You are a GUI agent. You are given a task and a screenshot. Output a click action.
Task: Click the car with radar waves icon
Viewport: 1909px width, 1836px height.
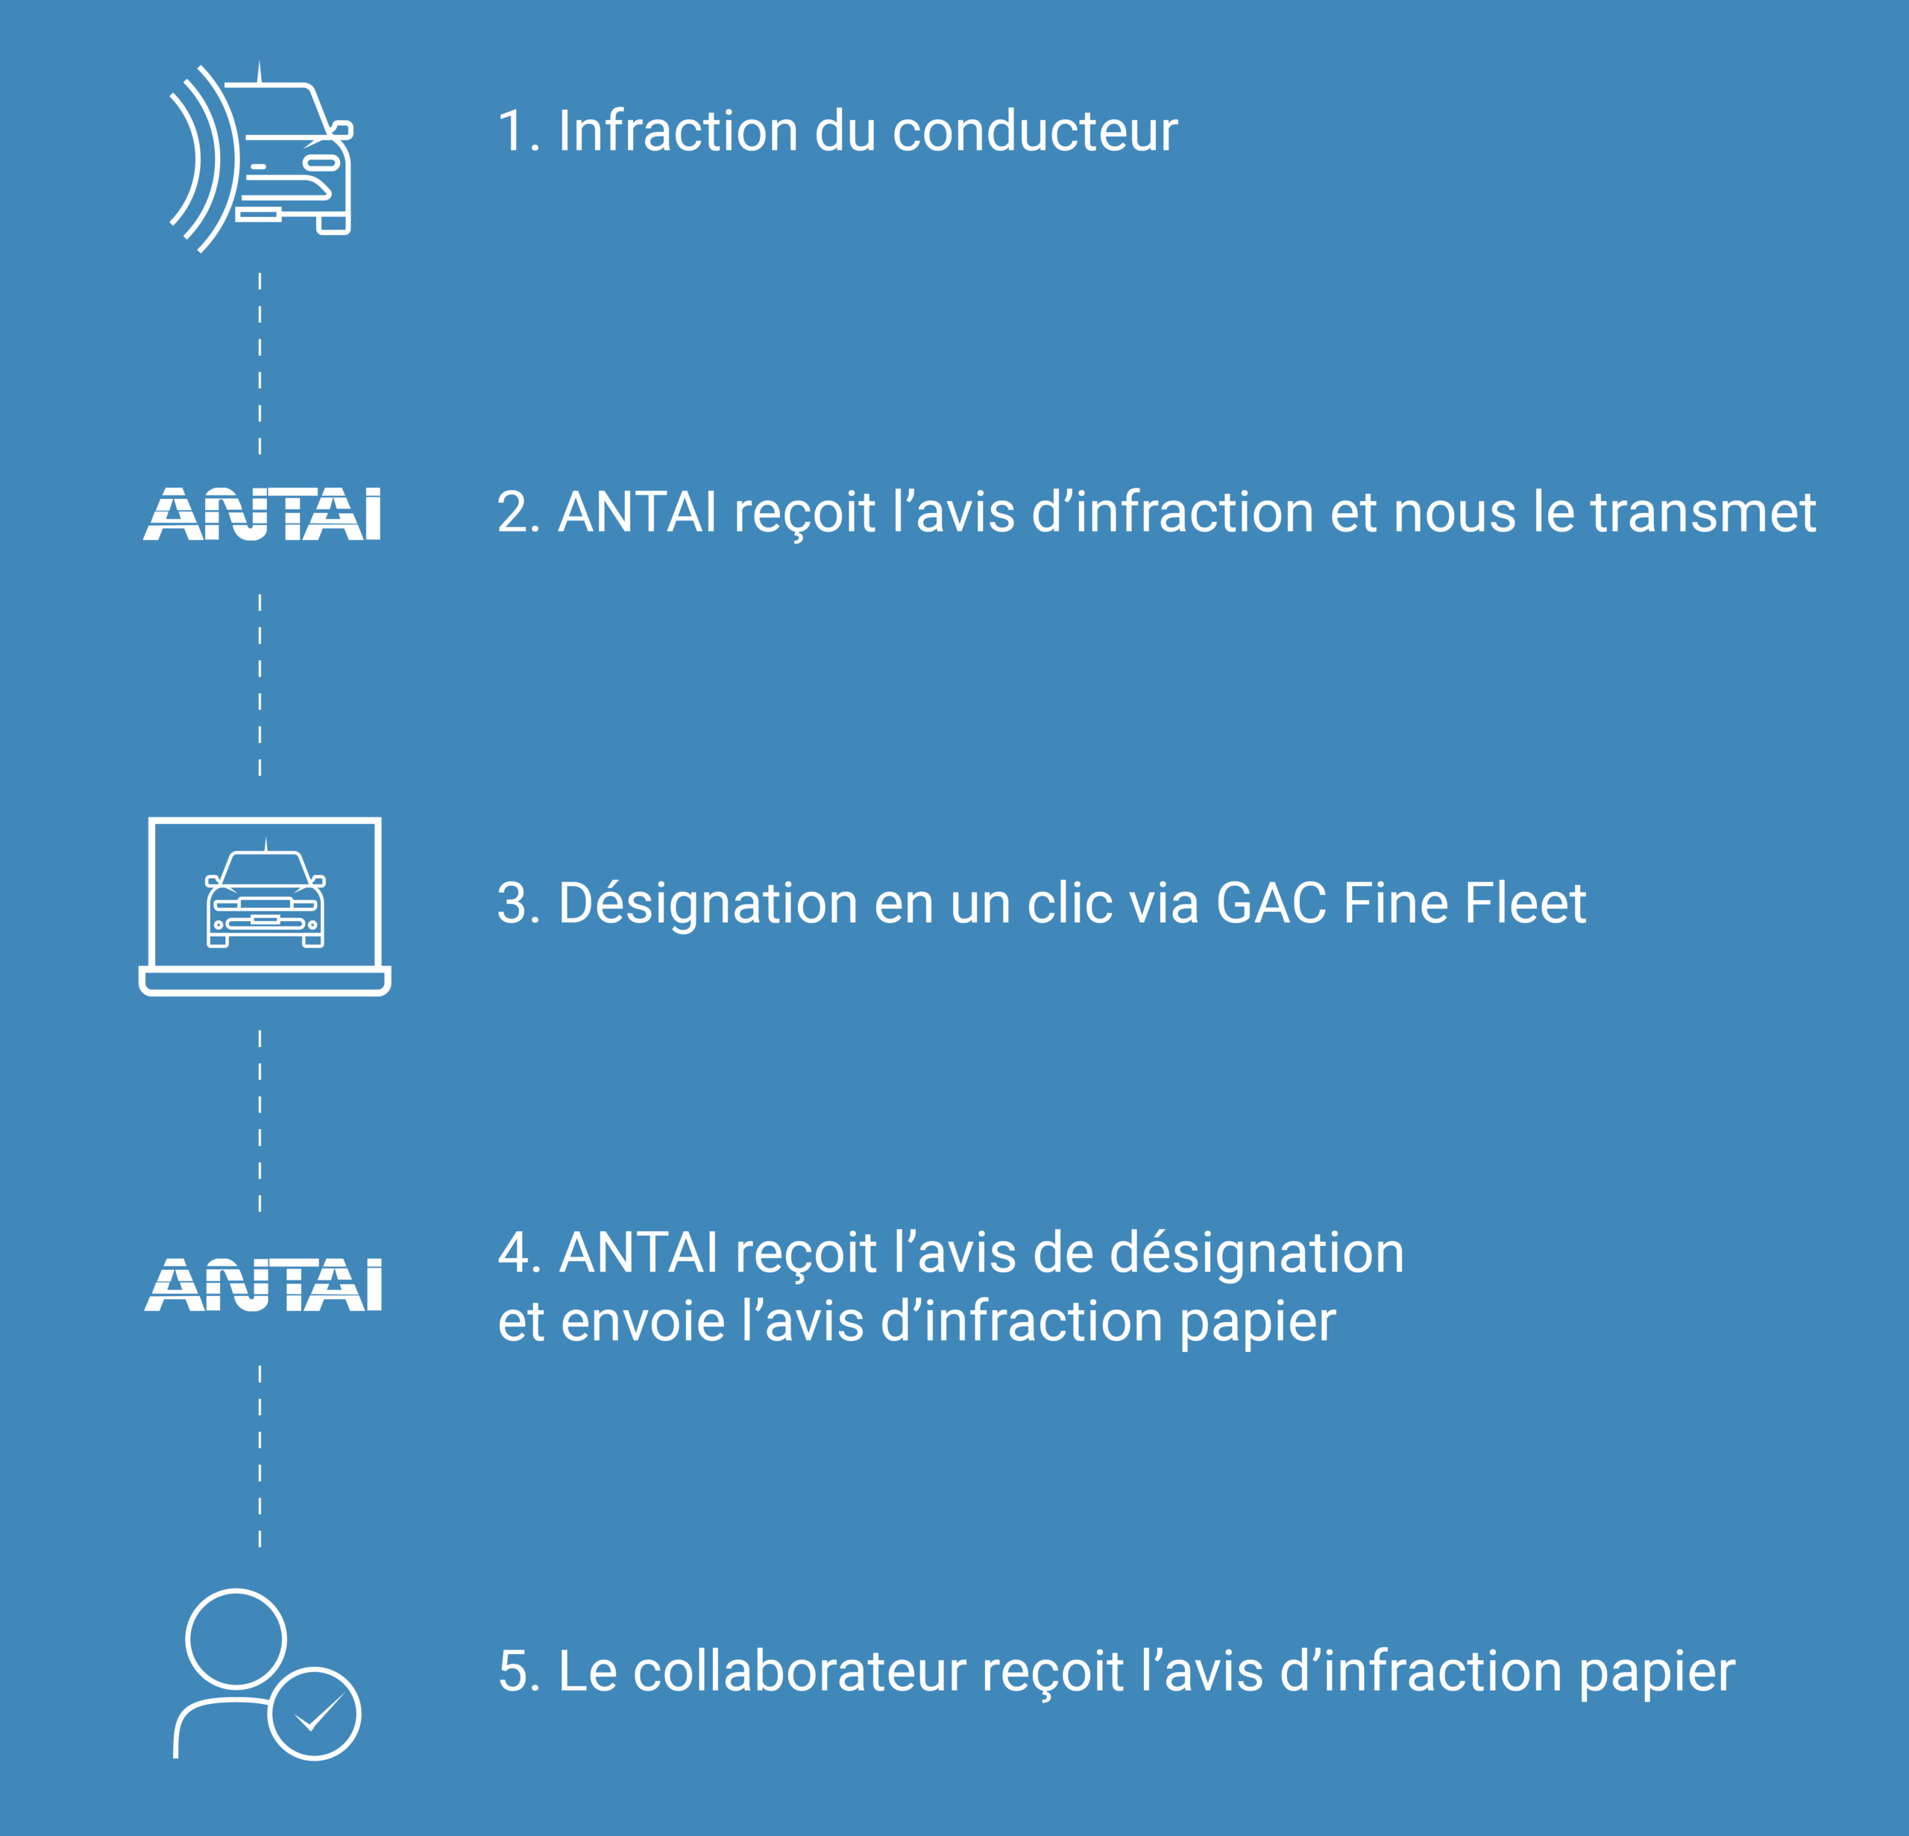click(261, 158)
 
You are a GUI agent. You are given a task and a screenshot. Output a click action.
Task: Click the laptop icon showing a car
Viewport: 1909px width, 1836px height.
click(265, 906)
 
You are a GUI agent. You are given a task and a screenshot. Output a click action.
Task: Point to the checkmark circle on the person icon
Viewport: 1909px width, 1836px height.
click(315, 1713)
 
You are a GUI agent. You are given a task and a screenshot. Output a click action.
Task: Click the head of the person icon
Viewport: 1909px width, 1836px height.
click(236, 1638)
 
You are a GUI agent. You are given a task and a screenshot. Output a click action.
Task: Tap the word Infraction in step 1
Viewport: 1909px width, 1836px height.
click(678, 131)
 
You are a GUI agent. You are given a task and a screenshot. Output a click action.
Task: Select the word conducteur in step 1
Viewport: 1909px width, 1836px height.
click(1034, 131)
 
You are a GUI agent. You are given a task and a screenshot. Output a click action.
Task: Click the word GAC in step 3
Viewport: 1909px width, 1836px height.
click(1271, 903)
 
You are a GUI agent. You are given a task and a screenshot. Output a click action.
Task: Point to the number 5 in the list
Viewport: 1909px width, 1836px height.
click(512, 1671)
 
